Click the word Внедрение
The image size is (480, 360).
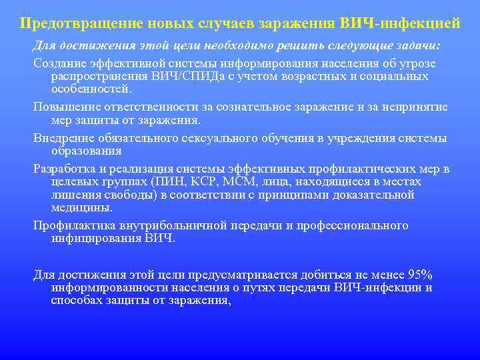pos(63,138)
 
